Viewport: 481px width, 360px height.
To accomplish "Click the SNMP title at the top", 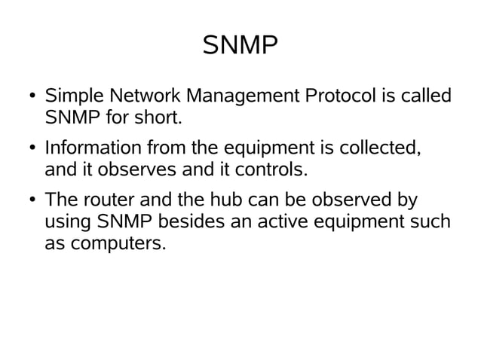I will (x=240, y=47).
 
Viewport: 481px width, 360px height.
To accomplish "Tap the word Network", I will (x=145, y=97).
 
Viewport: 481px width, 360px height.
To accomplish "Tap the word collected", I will (x=378, y=148).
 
